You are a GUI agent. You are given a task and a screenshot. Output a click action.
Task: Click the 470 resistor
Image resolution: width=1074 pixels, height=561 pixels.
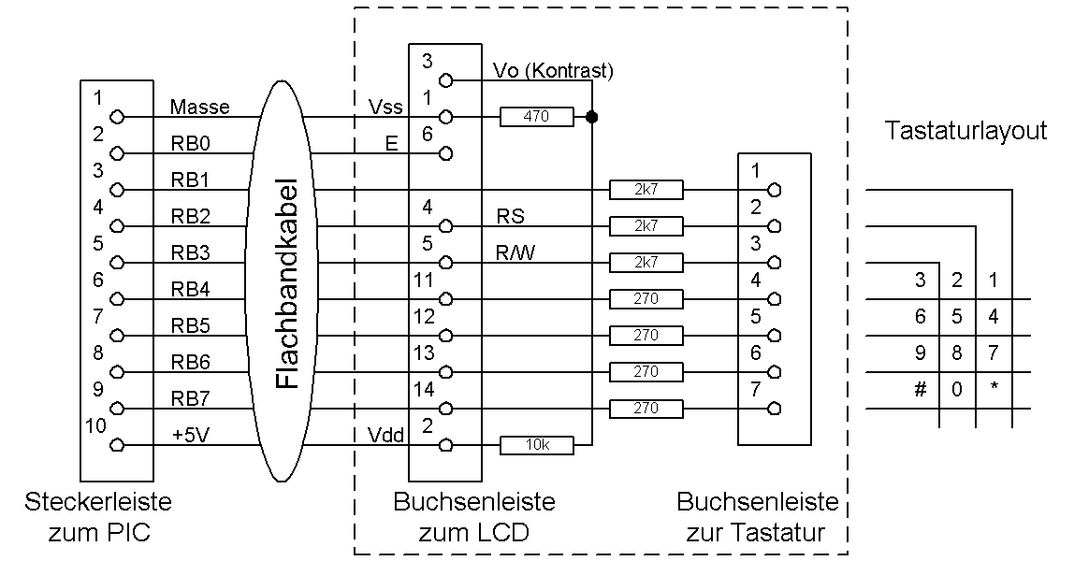[x=536, y=117]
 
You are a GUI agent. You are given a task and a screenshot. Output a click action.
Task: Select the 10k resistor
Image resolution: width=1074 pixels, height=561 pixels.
[x=536, y=446]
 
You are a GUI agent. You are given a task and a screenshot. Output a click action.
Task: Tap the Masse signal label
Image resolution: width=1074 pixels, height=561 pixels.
[x=199, y=108]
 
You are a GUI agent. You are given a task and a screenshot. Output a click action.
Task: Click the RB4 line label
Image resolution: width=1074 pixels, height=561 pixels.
[x=190, y=290]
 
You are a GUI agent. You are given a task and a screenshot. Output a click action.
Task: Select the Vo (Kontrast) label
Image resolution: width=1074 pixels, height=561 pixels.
[x=553, y=71]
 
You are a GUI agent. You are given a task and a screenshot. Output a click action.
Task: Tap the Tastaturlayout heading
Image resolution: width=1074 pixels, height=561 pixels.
[x=966, y=132]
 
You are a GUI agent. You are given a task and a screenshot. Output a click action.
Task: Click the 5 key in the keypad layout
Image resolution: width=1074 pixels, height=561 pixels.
[x=957, y=317]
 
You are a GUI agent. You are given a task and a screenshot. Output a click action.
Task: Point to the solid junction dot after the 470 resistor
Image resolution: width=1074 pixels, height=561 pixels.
[x=591, y=117]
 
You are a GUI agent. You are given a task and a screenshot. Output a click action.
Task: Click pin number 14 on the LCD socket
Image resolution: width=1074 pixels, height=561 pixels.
[x=424, y=389]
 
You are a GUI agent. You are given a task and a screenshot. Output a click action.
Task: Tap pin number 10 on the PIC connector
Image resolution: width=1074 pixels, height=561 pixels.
[x=96, y=426]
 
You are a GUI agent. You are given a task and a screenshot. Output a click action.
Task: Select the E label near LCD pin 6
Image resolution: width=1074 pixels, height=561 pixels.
[x=391, y=144]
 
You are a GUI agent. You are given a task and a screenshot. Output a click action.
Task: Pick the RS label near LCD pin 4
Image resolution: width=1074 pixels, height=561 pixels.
[x=511, y=216]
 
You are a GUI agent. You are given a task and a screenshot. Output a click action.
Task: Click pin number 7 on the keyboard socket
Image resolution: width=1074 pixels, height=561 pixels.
[x=756, y=389]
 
